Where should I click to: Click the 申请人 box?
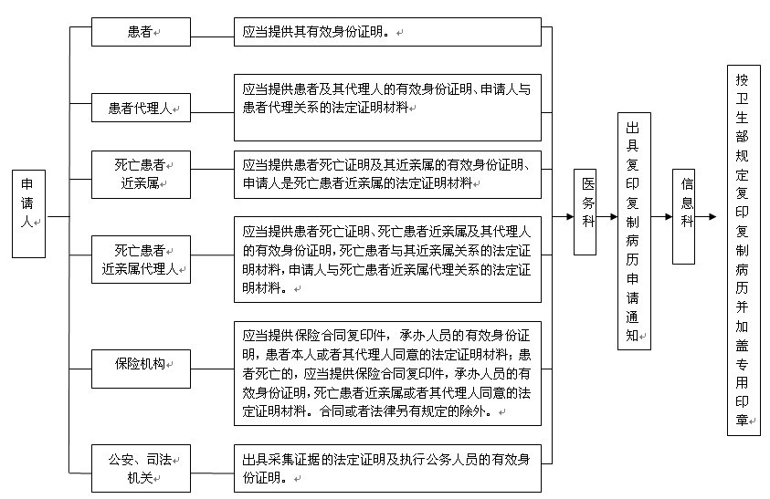28,213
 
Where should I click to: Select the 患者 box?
141,32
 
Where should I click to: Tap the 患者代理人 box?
141,108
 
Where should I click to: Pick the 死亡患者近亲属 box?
141,174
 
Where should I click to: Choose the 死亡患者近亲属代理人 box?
141,259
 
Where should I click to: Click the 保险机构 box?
141,369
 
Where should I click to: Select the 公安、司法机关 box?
141,468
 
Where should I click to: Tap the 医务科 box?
585,212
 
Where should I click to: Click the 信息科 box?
683,216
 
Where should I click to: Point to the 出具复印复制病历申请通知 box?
634,231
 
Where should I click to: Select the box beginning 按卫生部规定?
744,250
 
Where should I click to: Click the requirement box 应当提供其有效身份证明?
387,32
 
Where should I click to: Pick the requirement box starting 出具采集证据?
387,468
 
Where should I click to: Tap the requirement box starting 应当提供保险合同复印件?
387,373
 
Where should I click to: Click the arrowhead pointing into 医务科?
570,216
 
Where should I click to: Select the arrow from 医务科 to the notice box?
607,216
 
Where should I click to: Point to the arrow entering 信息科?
661,216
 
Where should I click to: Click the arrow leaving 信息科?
706,216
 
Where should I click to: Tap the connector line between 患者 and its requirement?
212,36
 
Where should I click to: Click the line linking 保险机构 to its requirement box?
212,369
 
